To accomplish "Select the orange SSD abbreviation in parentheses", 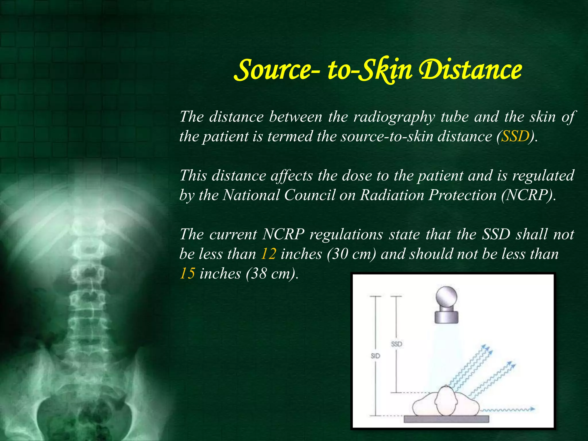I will pos(515,136).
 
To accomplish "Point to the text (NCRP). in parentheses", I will pos(529,195).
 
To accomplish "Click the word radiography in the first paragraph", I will pos(394,117).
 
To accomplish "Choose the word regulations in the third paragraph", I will pos(346,235).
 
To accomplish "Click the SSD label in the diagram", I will pos(396,344).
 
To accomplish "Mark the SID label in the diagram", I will pos(375,356).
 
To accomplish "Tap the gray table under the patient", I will pos(446,419).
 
